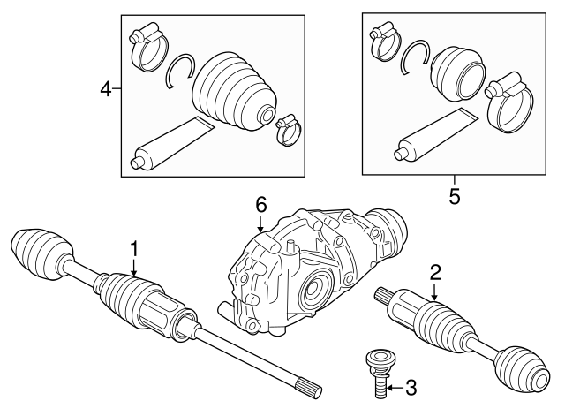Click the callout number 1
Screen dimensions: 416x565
pyautogui.click(x=134, y=251)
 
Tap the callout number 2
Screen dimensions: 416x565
pyautogui.click(x=435, y=271)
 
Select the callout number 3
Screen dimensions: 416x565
pyautogui.click(x=411, y=387)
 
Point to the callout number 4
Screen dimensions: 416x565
pyautogui.click(x=105, y=89)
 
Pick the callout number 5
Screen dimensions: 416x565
pyautogui.click(x=455, y=195)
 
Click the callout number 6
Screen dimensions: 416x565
pyautogui.click(x=260, y=205)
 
